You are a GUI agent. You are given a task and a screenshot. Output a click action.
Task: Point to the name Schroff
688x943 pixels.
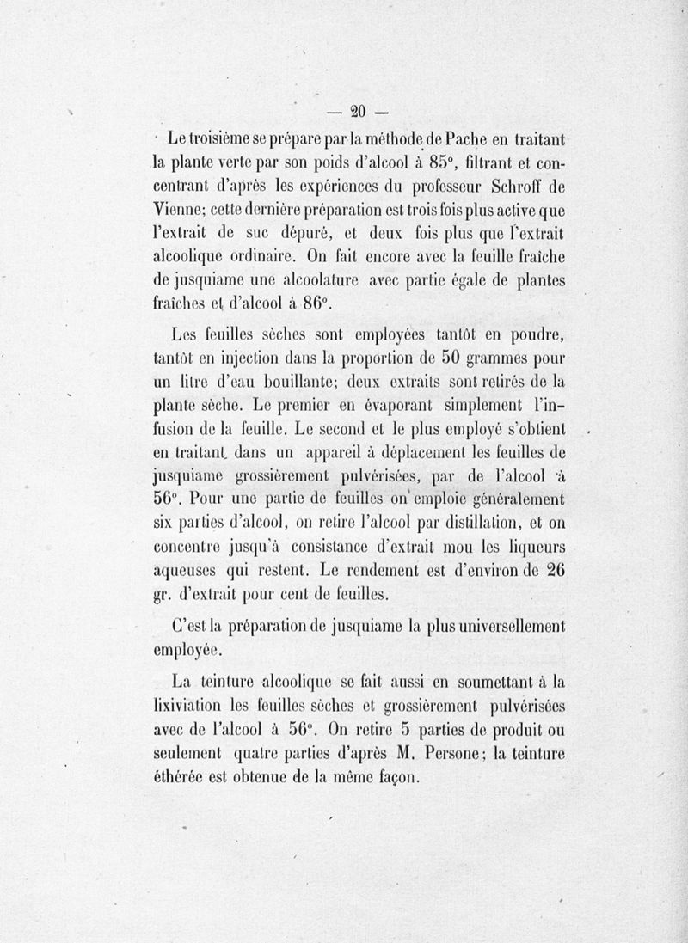[509, 184]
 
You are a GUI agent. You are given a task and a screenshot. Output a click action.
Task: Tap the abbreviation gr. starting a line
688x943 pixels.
[164, 594]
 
